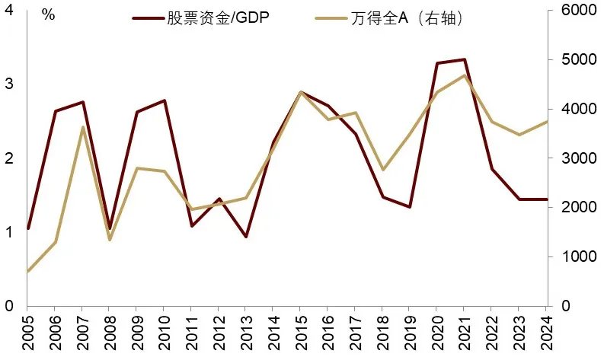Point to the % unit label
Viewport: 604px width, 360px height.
pyautogui.click(x=48, y=15)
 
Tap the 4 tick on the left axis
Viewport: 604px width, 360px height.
pyautogui.click(x=8, y=11)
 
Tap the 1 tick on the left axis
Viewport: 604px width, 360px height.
pyautogui.click(x=8, y=232)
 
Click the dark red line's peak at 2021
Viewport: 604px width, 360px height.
pyautogui.click(x=465, y=59)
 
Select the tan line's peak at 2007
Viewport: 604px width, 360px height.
pyautogui.click(x=82, y=127)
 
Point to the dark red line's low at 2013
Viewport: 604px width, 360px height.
pyautogui.click(x=246, y=237)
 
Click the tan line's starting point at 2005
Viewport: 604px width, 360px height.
pyautogui.click(x=28, y=271)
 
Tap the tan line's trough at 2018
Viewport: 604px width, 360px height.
pyautogui.click(x=383, y=170)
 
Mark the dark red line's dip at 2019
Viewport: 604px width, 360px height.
pyautogui.click(x=410, y=207)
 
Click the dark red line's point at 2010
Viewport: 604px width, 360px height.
pyautogui.click(x=164, y=100)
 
